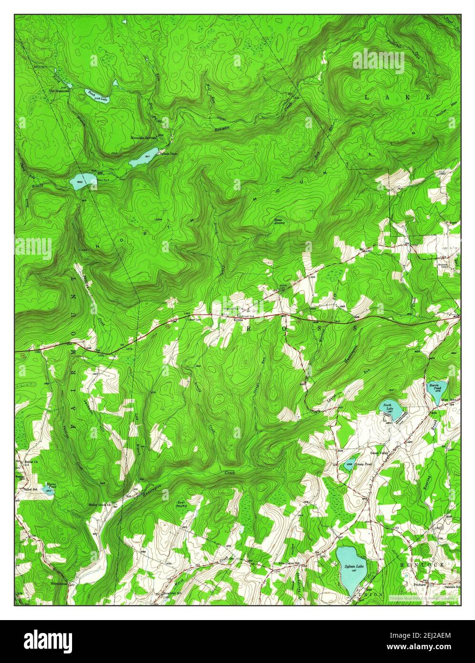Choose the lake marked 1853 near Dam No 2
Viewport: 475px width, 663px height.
[78, 182]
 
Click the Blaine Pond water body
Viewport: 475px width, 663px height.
[48, 489]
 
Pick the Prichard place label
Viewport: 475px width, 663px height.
[413, 584]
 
